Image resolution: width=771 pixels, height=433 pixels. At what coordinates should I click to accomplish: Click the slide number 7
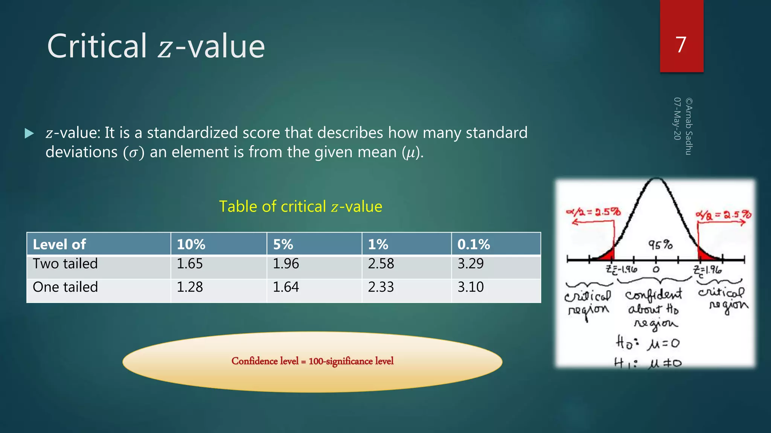pos(681,45)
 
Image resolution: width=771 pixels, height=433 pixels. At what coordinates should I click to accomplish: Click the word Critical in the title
pos(97,46)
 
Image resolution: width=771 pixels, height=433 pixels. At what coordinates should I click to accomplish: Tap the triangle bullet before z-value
pos(29,133)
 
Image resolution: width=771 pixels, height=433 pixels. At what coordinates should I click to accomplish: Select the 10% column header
pos(191,244)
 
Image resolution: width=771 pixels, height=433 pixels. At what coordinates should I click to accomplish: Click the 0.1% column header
pos(473,244)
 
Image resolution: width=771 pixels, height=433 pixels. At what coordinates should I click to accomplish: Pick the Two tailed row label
pos(65,263)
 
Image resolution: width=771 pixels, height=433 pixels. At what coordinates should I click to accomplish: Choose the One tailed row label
pos(65,287)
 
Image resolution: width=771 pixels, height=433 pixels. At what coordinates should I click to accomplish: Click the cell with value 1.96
pos(286,263)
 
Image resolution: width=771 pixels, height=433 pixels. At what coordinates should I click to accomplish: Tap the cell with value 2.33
pos(381,287)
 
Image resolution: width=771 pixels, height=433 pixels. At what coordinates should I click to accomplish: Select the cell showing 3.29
pos(470,263)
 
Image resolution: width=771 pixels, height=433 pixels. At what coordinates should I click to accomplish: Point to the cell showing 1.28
pos(190,287)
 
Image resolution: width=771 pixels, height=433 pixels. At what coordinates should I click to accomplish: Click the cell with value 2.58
pos(381,263)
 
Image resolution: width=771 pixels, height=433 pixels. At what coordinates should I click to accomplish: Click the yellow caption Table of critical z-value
pos(300,206)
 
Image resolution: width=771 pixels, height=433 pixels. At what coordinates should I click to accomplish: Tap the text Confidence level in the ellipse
pos(265,361)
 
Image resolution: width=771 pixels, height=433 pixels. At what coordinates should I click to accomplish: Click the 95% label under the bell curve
pos(660,245)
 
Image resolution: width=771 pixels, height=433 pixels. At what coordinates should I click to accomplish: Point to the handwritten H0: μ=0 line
pos(648,343)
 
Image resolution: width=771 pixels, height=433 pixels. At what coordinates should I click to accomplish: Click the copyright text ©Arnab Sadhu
pos(689,126)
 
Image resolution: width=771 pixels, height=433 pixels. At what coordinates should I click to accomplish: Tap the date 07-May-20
pos(677,118)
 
